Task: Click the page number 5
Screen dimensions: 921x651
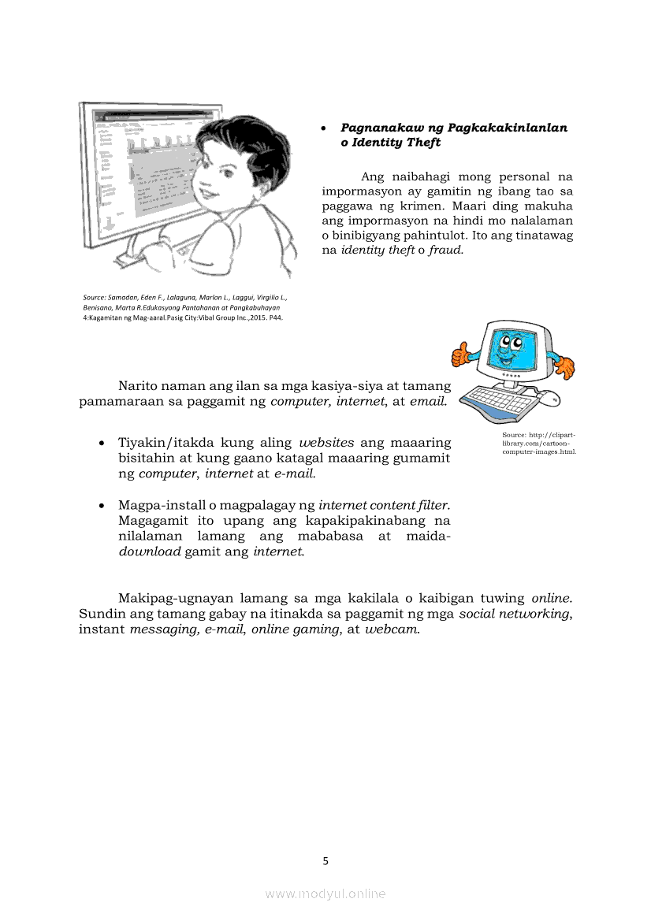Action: coord(325,861)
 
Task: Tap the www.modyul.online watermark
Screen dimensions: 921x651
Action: coord(325,893)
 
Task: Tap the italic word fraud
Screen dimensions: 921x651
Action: coord(446,250)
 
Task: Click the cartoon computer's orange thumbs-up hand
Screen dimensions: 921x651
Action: coord(460,354)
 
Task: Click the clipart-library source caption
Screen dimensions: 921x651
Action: coord(539,443)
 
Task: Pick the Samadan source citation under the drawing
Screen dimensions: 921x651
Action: coord(185,307)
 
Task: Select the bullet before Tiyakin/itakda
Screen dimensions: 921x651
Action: coord(102,443)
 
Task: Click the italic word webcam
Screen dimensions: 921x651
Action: coord(391,629)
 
